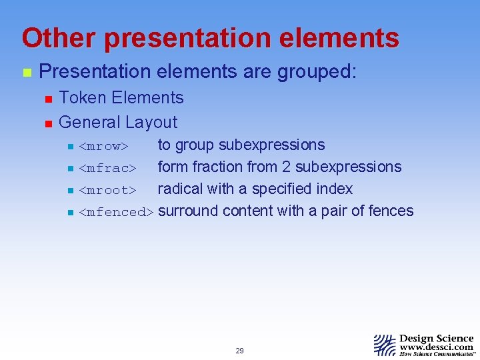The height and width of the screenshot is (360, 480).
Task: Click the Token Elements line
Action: click(x=121, y=98)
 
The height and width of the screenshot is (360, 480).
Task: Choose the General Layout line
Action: click(x=118, y=122)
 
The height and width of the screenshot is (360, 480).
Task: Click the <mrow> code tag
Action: click(x=103, y=146)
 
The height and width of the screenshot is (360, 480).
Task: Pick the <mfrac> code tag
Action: click(x=107, y=168)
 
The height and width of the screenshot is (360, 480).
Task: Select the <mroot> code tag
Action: click(x=107, y=190)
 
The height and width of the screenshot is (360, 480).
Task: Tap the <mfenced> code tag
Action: click(x=116, y=212)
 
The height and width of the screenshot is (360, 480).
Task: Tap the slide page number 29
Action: click(x=239, y=351)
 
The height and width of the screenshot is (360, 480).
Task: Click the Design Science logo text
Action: click(x=437, y=339)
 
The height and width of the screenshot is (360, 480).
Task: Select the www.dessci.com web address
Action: click(x=437, y=347)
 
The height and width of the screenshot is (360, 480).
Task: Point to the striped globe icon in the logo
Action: click(x=385, y=345)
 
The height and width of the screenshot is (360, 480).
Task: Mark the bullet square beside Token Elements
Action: click(x=47, y=99)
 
